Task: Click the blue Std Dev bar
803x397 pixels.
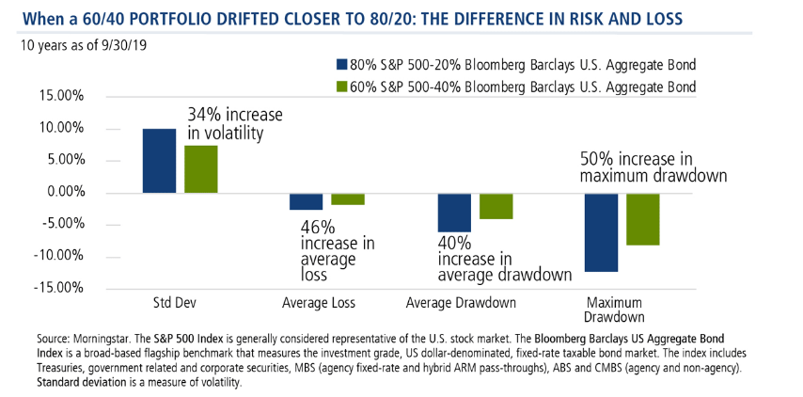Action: coord(159,161)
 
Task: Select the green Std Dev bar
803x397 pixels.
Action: coord(201,169)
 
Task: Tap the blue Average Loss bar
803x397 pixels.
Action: coord(306,201)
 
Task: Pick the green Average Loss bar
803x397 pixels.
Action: coord(348,199)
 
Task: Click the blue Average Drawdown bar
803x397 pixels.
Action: coord(454,213)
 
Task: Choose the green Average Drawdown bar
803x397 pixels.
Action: coord(496,206)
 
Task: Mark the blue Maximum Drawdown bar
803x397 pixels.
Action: coord(602,232)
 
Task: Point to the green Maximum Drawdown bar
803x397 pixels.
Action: coord(644,219)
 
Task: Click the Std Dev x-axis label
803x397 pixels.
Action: coord(180,303)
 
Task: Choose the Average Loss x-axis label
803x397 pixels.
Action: coord(326,303)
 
